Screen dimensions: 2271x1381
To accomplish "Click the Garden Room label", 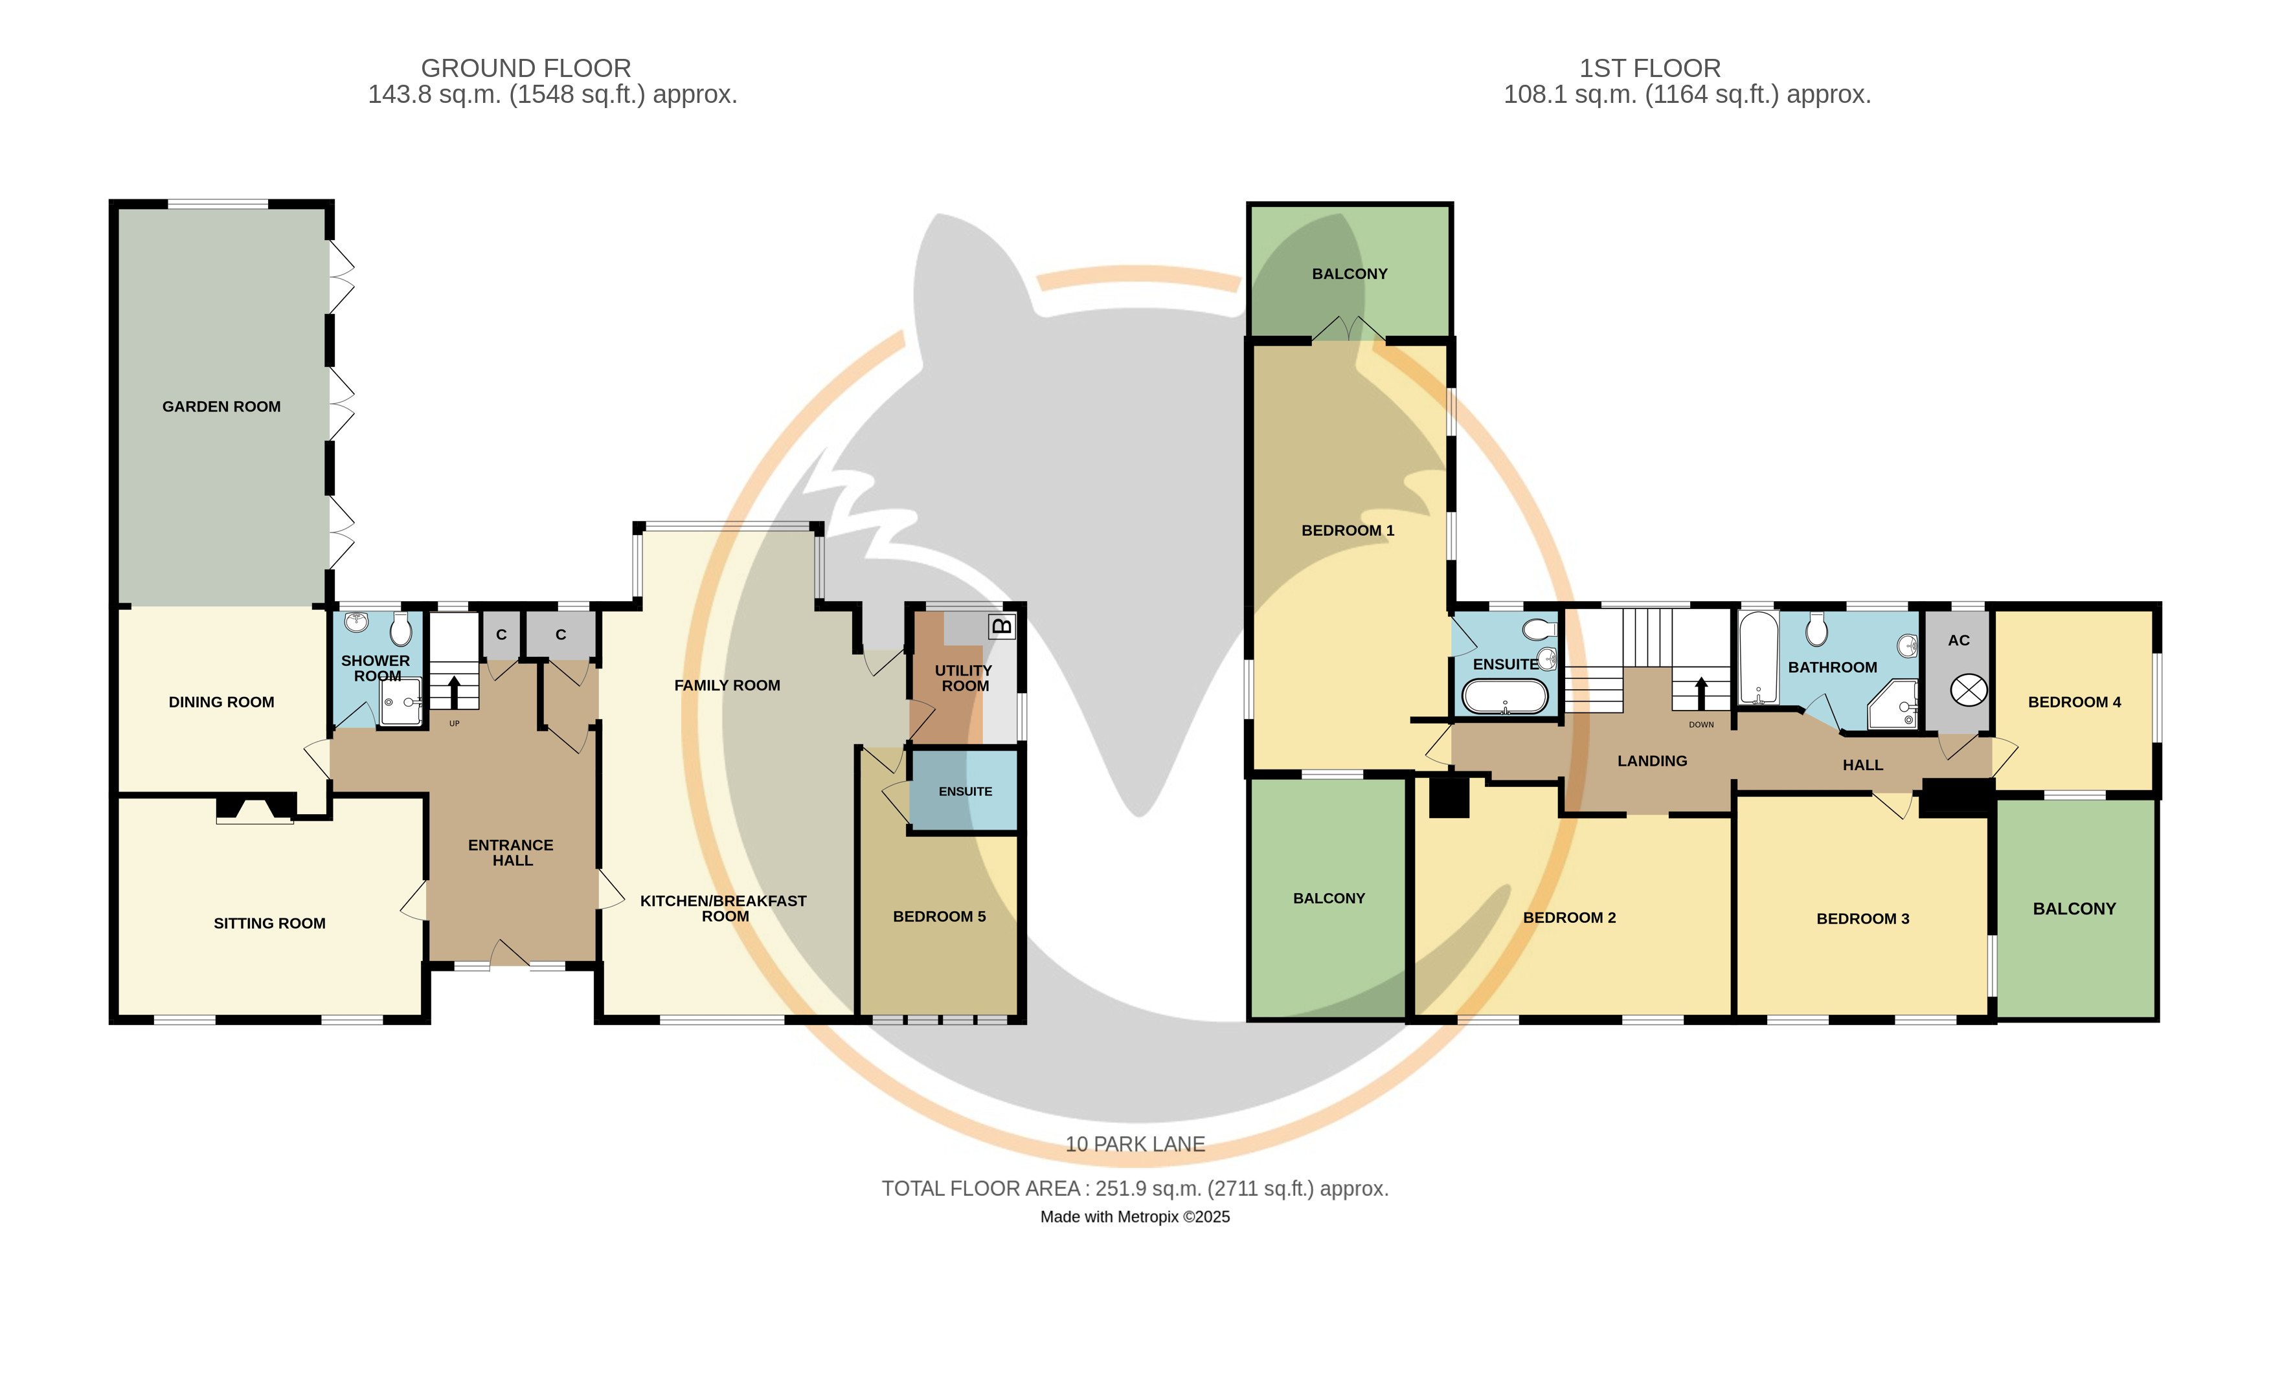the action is pyautogui.click(x=221, y=406).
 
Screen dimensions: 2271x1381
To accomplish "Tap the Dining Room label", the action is pyautogui.click(x=221, y=702).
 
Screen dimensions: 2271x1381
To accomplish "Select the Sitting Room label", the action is pyautogui.click(x=269, y=923).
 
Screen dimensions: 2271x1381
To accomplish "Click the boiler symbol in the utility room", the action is pyautogui.click(x=1001, y=626).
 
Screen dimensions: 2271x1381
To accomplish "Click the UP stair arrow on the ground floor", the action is pyautogui.click(x=453, y=692).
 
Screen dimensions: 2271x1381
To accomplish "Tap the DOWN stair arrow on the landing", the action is pyautogui.click(x=1701, y=693).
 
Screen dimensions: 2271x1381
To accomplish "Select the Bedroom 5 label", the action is pyautogui.click(x=939, y=916).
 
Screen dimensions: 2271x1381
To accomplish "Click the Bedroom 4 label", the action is pyautogui.click(x=2075, y=702).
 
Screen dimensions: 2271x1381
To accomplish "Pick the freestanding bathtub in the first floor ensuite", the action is pyautogui.click(x=1505, y=696).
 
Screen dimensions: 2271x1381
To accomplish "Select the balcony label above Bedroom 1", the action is pyautogui.click(x=1350, y=274).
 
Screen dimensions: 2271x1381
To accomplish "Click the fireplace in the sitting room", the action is pyautogui.click(x=255, y=808).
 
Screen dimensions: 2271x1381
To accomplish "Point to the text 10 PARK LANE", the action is pyautogui.click(x=1136, y=1144).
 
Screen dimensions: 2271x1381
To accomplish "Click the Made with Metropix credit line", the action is pyautogui.click(x=1136, y=1217).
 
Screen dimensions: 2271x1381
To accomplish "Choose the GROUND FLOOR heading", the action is pyautogui.click(x=526, y=68).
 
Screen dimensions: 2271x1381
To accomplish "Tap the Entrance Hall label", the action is pyautogui.click(x=512, y=853).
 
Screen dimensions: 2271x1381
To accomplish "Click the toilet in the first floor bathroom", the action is pyautogui.click(x=1816, y=630).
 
